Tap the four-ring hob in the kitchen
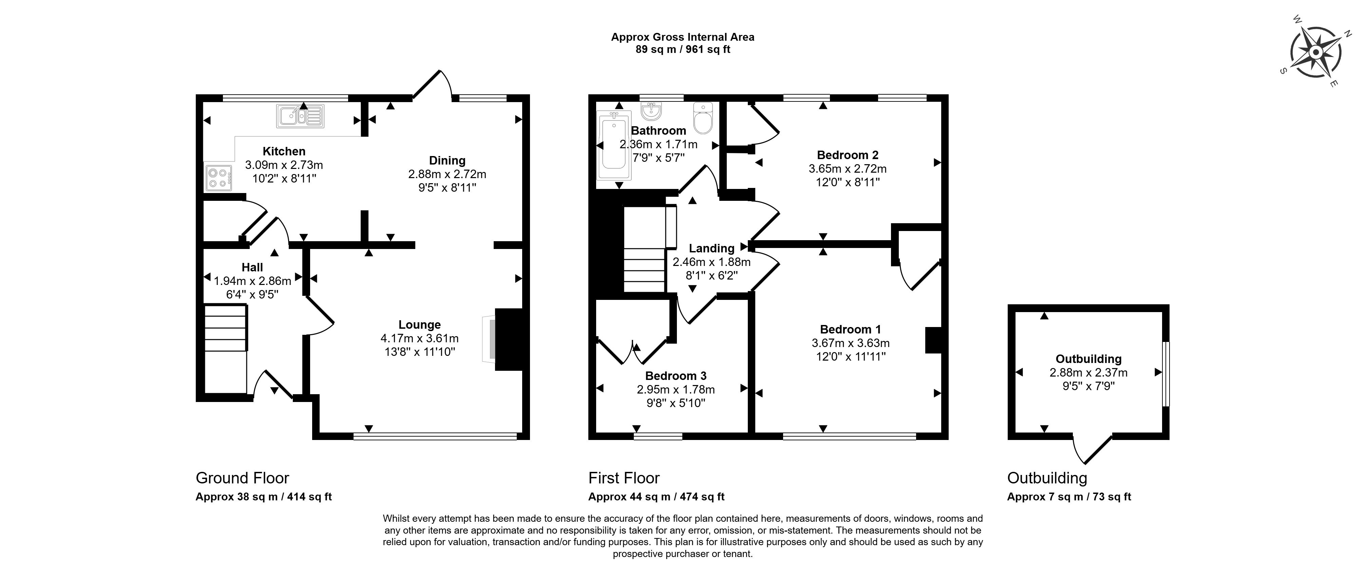(x=219, y=178)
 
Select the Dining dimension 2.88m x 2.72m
(x=447, y=174)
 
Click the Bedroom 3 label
(x=676, y=376)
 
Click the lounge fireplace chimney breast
(x=509, y=339)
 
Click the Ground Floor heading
(x=242, y=478)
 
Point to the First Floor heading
(x=624, y=478)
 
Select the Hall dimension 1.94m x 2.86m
(x=252, y=281)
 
